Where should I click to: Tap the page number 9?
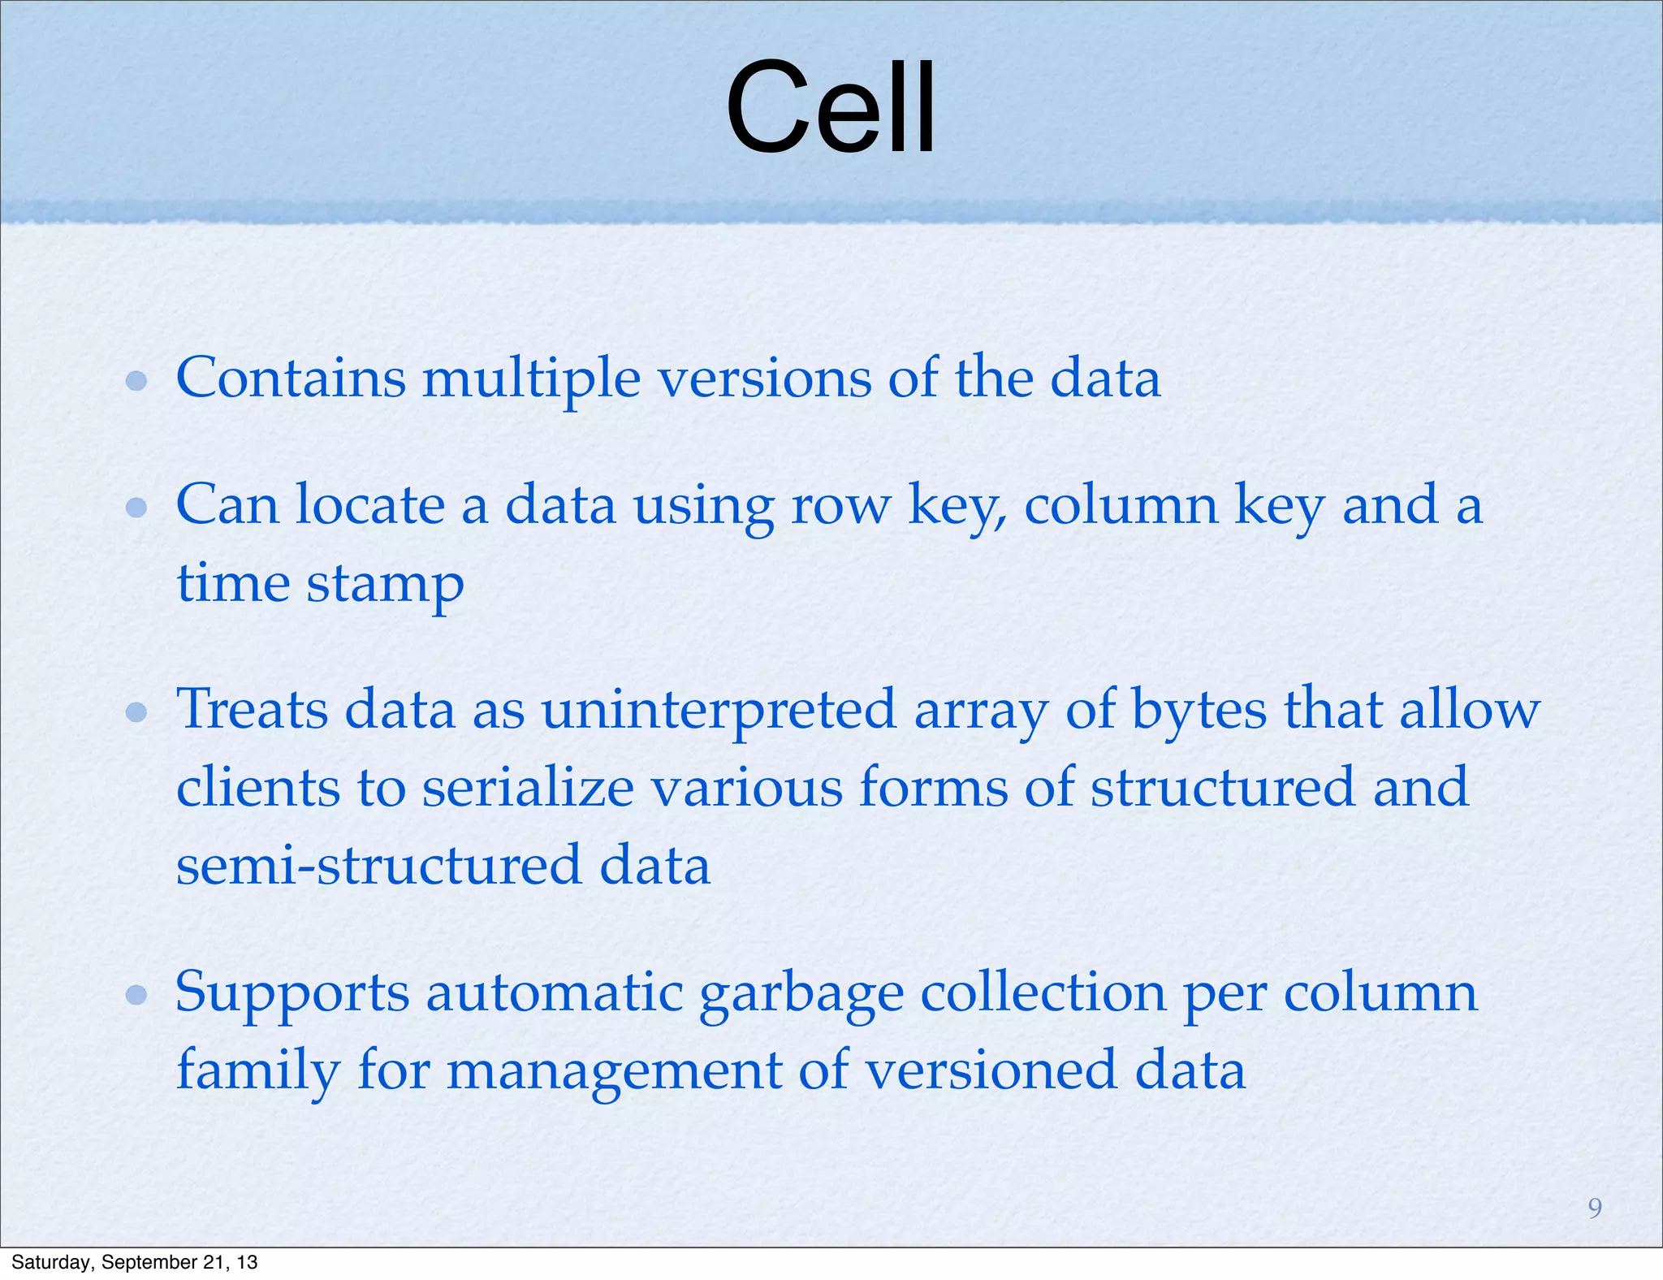1595,1209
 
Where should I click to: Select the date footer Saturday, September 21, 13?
135,1262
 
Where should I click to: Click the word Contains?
291,378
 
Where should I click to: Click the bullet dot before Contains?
136,380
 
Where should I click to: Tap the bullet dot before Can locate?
136,508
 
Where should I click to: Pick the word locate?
370,505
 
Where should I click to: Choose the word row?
840,505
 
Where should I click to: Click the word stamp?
385,584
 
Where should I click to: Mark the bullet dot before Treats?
136,712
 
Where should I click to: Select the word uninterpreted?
719,710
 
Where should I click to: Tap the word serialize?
528,787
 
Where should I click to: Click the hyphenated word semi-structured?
378,865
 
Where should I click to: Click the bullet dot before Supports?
136,994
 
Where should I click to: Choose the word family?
258,1070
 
